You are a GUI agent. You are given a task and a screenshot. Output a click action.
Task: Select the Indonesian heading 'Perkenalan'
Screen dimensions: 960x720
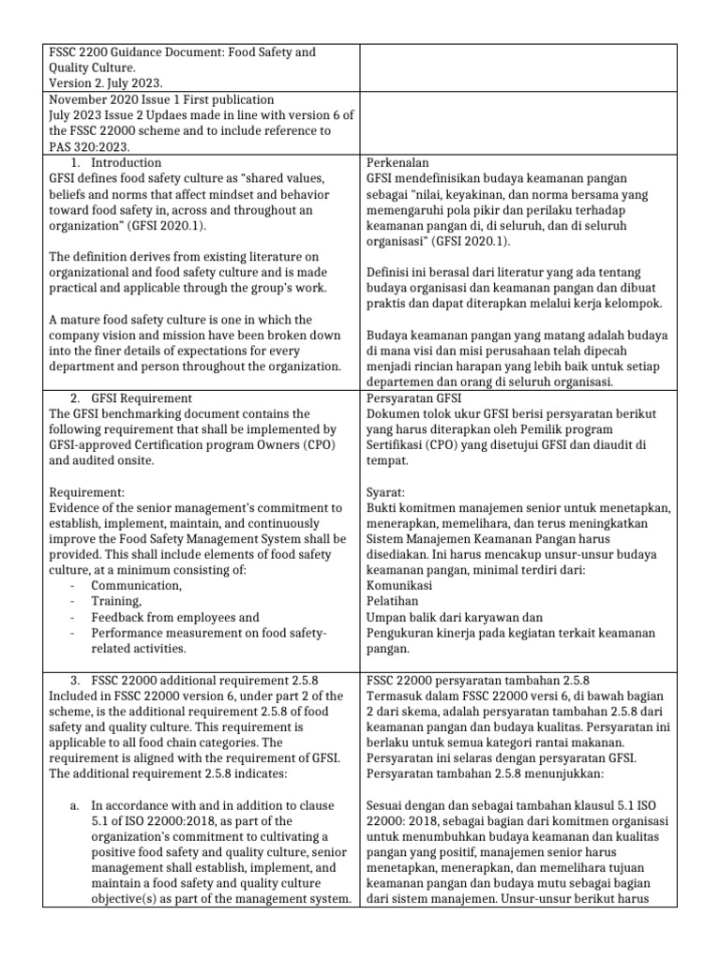tap(397, 163)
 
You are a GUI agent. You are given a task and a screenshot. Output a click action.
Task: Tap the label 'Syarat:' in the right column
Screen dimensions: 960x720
tap(385, 492)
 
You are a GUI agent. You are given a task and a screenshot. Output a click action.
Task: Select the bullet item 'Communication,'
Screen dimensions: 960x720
tap(136, 586)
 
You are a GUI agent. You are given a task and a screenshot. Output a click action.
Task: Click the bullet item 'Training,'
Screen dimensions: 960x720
tap(116, 602)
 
